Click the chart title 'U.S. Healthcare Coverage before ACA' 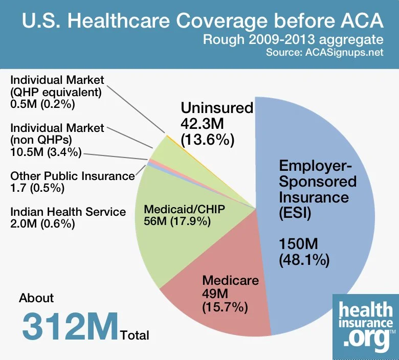point(202,22)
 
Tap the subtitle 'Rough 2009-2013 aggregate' point(293,40)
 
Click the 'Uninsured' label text point(217,108)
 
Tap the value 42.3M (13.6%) point(208,132)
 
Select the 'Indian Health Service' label point(68,212)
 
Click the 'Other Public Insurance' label point(72,176)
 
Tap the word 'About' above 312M point(36,298)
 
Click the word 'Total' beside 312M point(135,335)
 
